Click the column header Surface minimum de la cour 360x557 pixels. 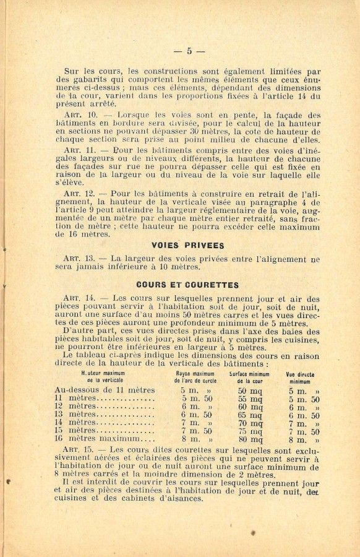[x=249, y=378]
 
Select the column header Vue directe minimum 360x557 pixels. [x=300, y=378]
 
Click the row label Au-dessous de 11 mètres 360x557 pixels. [x=105, y=390]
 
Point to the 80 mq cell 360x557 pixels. [x=251, y=439]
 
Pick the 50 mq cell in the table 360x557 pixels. [x=251, y=391]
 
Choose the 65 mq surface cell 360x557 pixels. [x=251, y=415]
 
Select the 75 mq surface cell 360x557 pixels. [x=251, y=431]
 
